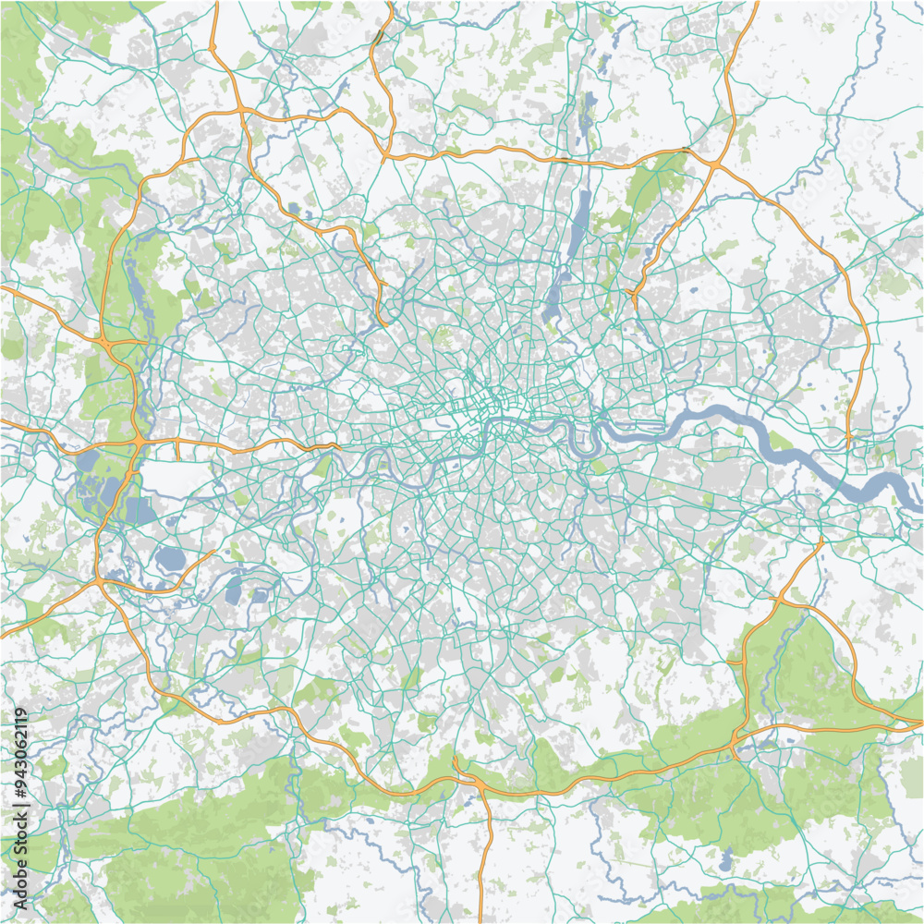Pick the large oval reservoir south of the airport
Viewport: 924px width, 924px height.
[x=171, y=558]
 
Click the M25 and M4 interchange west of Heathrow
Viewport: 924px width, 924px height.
[x=137, y=443]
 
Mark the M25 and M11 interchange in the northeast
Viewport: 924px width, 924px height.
[x=716, y=164]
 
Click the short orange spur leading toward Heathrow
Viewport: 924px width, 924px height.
[x=177, y=451]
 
